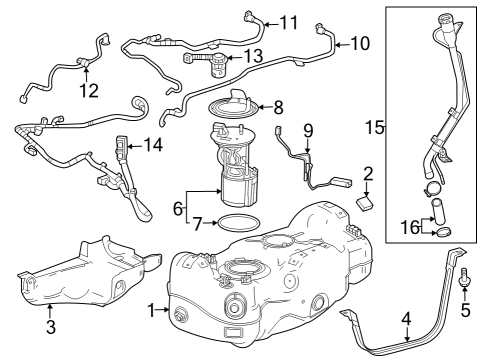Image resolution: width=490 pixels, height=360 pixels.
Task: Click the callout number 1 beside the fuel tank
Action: [151, 311]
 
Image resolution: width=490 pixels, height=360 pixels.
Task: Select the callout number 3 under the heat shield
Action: [51, 326]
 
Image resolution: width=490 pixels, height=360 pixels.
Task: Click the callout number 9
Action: [308, 129]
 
